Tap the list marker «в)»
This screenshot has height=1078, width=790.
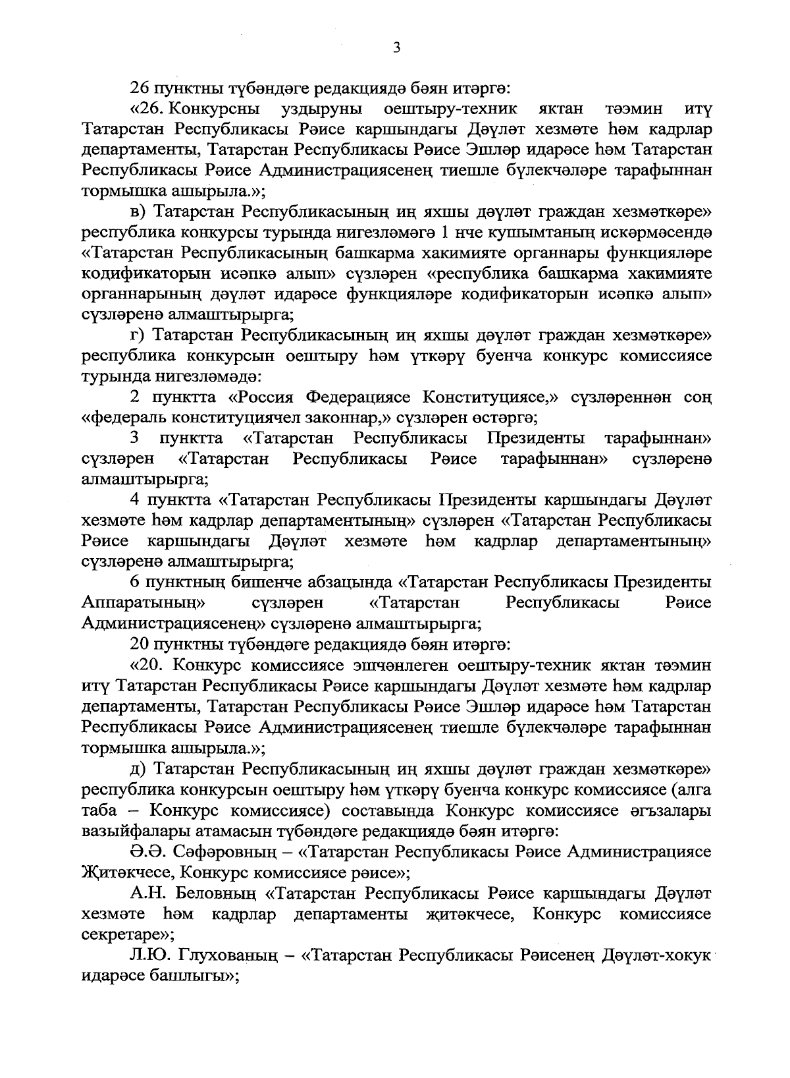pyautogui.click(x=138, y=212)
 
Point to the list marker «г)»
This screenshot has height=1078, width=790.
pyautogui.click(x=137, y=335)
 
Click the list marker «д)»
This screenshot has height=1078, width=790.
pyautogui.click(x=138, y=769)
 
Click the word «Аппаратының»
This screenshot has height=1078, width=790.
pyautogui.click(x=144, y=603)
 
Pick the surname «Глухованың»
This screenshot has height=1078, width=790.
pyautogui.click(x=223, y=955)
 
